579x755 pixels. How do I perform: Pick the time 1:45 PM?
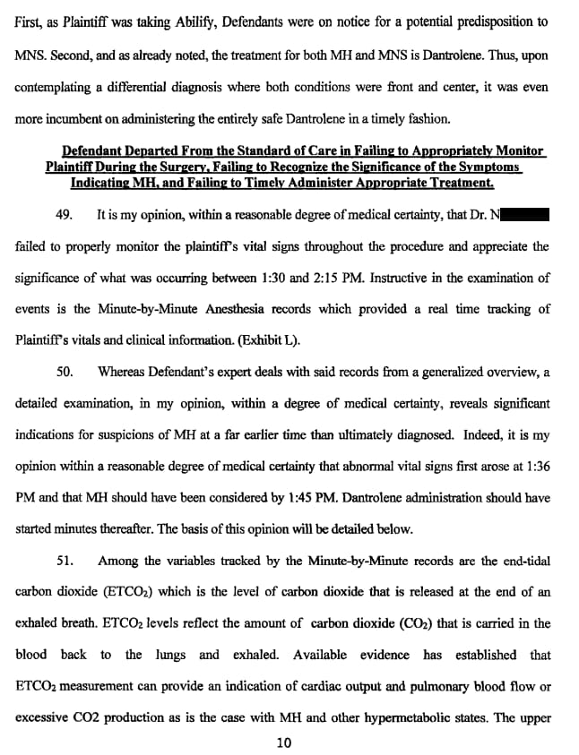[281, 497]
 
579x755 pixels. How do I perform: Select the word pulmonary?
[427, 686]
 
